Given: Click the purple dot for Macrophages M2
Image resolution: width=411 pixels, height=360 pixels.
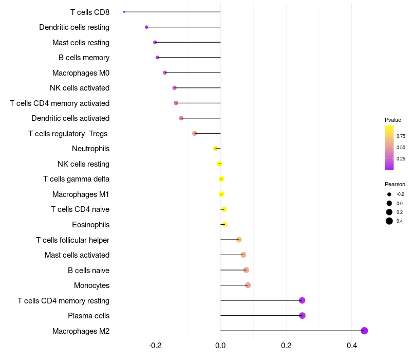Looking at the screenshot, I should (x=364, y=331).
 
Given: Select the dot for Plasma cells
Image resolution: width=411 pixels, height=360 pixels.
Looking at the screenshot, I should (x=302, y=316).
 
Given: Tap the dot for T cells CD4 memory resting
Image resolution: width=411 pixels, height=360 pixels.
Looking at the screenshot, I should (x=302, y=300).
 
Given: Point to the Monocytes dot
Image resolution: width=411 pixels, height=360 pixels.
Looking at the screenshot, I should (x=248, y=285).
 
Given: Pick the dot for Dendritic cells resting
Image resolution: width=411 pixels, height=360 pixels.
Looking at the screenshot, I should (x=146, y=27).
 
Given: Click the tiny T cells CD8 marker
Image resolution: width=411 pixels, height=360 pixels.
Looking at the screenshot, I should (x=124, y=12).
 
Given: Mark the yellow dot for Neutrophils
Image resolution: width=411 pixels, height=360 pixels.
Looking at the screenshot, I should (x=215, y=149).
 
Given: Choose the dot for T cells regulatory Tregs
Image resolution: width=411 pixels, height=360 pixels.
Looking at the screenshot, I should (x=195, y=133).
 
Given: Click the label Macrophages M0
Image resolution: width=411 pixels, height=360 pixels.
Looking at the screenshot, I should (x=81, y=73).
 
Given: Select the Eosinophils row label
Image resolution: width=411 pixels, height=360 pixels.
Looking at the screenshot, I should (x=90, y=225).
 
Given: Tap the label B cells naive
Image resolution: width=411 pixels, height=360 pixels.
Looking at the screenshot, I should (x=88, y=271).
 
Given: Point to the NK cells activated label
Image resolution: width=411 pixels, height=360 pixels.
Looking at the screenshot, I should (x=80, y=88).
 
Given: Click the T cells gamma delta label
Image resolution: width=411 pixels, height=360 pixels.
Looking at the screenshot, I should (x=76, y=179).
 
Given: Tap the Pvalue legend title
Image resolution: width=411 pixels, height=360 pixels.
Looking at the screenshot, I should (x=393, y=120).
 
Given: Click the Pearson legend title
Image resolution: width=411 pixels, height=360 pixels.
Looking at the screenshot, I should (x=395, y=184).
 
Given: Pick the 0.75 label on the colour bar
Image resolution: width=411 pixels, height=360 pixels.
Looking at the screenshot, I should (x=401, y=136).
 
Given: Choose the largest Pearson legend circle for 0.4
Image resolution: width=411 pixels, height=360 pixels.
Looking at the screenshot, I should (x=389, y=221).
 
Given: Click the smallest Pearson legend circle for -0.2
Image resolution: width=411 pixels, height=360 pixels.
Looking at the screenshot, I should (x=389, y=194).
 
